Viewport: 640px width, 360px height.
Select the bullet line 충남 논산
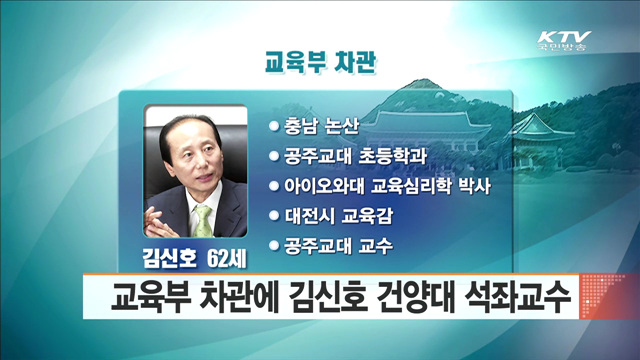pyautogui.click(x=320, y=127)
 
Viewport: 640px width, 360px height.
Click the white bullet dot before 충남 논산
pyautogui.click(x=272, y=127)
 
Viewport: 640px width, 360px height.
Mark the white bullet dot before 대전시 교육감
pyautogui.click(x=272, y=215)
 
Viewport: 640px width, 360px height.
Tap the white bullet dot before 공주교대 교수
pyautogui.click(x=272, y=244)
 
